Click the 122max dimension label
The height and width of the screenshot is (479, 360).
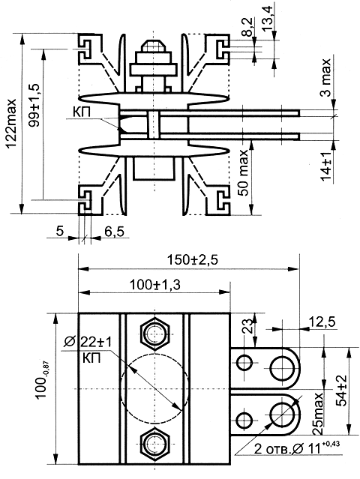tap(12, 124)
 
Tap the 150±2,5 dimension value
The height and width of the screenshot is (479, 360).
tap(193, 260)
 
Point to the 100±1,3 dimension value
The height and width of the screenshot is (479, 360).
tap(155, 285)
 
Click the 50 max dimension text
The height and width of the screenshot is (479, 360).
tap(244, 172)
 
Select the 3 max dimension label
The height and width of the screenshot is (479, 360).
tap(325, 78)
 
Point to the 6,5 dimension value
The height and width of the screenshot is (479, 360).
tap(114, 231)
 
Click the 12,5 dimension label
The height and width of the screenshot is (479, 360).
tap(322, 322)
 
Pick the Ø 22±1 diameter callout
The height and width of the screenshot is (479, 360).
tap(88, 342)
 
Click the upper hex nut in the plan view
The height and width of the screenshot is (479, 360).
tap(155, 334)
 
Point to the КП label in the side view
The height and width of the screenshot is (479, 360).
tap(82, 112)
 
